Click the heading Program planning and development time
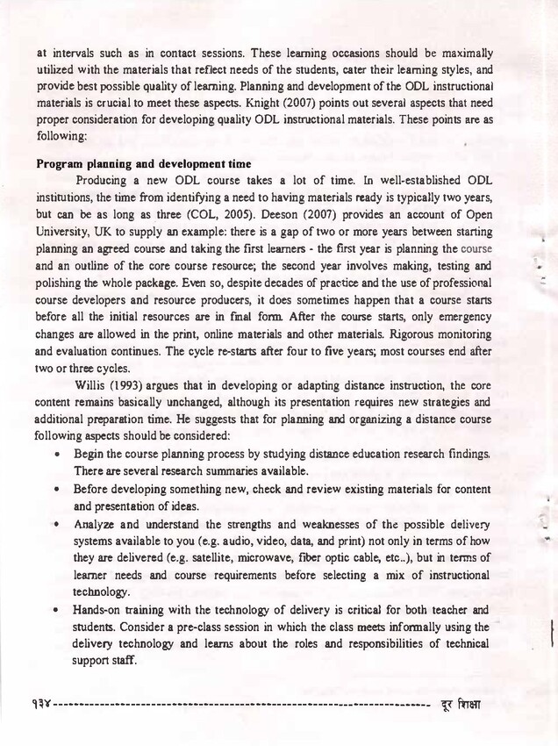[144, 163]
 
